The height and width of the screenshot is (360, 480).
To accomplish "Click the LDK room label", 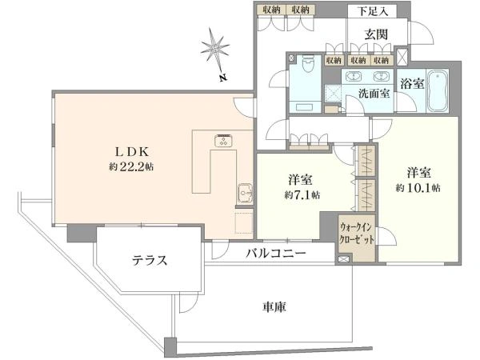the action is (132, 151).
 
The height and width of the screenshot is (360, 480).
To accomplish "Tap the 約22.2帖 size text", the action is (132, 167).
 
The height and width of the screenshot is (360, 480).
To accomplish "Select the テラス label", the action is (150, 261).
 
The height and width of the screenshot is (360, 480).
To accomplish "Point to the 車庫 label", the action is (274, 306).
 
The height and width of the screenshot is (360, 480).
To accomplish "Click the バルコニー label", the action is (276, 253).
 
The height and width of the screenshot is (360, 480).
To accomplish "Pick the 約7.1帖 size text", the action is (302, 194).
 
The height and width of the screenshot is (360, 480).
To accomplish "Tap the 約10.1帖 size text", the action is (418, 188).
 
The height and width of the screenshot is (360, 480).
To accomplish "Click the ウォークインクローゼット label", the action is (357, 234).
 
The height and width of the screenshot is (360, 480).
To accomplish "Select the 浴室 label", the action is (412, 83).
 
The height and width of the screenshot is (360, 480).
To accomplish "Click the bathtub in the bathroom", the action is (438, 91).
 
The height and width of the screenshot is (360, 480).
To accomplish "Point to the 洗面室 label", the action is (374, 93).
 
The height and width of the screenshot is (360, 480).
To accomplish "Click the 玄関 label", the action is (376, 34).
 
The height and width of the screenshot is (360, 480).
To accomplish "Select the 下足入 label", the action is (373, 11).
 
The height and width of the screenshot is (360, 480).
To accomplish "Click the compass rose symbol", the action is (215, 49).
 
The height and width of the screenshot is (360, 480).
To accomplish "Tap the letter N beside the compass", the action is (224, 78).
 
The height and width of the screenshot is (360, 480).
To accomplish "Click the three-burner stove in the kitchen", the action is (224, 141).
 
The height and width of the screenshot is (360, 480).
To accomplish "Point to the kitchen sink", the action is (246, 193).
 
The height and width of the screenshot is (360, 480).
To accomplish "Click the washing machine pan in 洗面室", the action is (333, 94).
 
